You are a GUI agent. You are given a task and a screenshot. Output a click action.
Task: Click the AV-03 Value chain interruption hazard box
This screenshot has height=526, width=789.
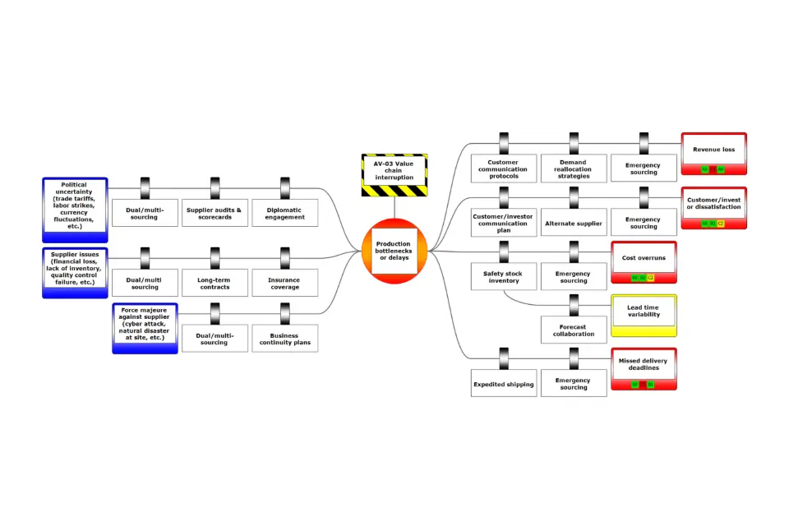point(394,174)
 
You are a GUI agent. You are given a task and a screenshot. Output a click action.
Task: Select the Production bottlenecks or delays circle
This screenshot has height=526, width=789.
point(394,250)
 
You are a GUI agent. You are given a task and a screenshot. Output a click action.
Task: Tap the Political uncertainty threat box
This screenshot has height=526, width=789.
point(75,206)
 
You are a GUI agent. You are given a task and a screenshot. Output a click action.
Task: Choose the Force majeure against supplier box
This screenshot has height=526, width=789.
point(145,327)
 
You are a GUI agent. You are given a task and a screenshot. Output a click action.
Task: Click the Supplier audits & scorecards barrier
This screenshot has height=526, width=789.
point(214,213)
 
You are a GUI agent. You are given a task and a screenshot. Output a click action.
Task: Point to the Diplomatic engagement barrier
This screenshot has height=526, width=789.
point(284,213)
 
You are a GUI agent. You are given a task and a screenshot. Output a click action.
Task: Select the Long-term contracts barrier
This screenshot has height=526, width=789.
point(214,283)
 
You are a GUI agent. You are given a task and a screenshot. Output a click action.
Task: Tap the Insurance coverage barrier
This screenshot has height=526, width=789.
point(284,283)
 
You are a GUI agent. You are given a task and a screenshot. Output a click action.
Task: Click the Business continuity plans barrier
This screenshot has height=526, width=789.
point(284,339)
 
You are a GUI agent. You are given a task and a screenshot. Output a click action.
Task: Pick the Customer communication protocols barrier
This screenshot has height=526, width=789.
point(504,168)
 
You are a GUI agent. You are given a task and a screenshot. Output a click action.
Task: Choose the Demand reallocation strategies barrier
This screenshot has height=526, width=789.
point(573,168)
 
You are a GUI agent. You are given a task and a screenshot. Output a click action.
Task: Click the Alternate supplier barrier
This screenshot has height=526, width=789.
point(573,223)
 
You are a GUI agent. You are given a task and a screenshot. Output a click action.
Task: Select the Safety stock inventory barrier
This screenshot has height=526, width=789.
point(504,276)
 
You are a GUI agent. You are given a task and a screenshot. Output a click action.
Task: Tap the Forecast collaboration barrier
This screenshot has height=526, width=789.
point(573,330)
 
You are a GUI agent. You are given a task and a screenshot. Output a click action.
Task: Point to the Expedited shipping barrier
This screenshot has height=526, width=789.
point(504,384)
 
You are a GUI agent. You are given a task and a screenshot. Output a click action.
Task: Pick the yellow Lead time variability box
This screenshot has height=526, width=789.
point(644,315)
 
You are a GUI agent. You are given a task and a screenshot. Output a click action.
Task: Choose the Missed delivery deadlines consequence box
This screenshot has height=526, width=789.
point(644,367)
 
